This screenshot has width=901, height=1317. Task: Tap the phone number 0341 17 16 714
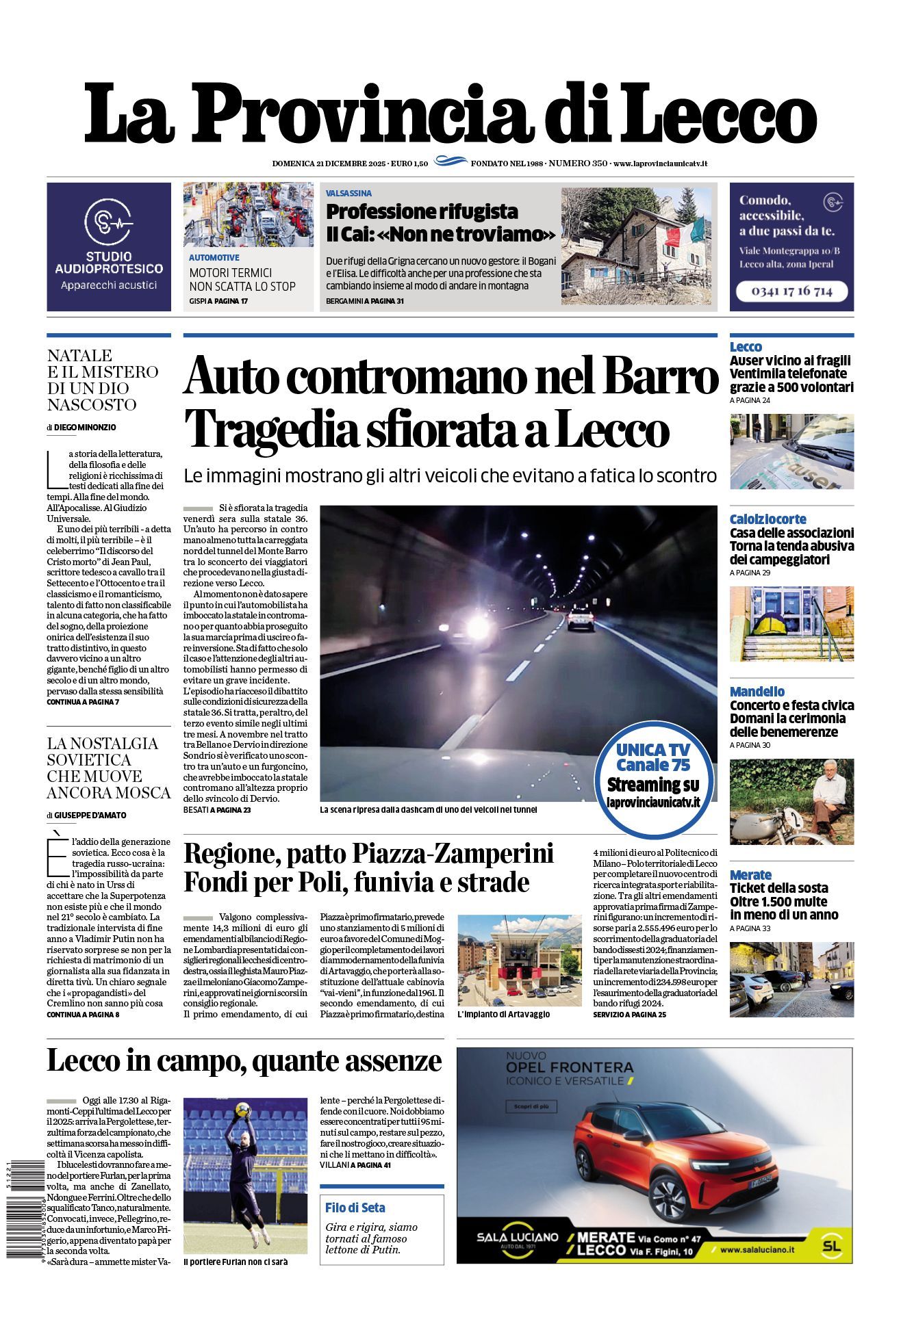click(791, 291)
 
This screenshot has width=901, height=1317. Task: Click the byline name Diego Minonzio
click(85, 428)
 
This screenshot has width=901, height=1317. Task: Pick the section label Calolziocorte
click(767, 519)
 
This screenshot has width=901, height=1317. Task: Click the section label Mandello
click(757, 692)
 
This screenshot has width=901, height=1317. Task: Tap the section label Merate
click(750, 875)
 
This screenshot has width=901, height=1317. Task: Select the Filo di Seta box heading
click(355, 1208)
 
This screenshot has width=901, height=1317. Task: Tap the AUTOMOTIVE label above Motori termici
click(214, 258)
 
